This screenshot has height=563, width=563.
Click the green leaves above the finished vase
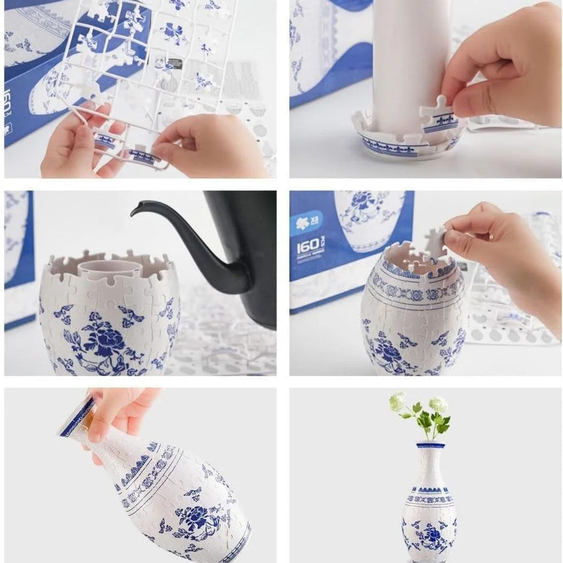tap(432, 423)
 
